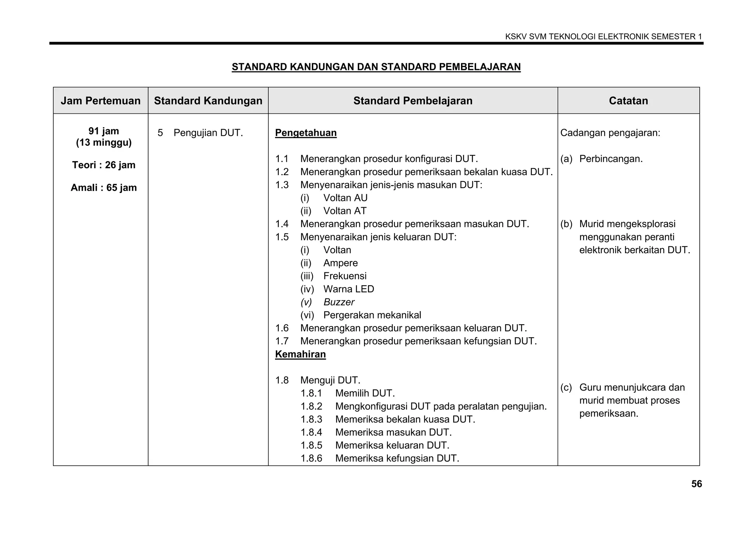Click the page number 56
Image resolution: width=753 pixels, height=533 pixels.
click(x=696, y=484)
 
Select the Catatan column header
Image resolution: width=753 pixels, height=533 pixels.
click(x=628, y=101)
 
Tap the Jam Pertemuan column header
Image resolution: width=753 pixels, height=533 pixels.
click(x=100, y=101)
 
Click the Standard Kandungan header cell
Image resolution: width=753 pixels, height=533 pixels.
click(x=208, y=101)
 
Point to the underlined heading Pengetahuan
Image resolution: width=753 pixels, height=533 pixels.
click(x=306, y=133)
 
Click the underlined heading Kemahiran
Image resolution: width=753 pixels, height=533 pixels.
click(x=300, y=354)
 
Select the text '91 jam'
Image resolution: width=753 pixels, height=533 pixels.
click(x=104, y=131)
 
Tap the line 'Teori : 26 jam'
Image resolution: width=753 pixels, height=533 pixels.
click(x=104, y=165)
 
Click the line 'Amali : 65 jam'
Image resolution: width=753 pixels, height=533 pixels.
click(x=104, y=188)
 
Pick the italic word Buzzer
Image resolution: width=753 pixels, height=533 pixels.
click(x=339, y=302)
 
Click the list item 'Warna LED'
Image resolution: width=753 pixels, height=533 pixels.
click(x=349, y=289)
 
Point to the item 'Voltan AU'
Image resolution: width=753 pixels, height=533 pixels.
click(x=345, y=198)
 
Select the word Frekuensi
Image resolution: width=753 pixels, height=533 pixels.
click(x=345, y=276)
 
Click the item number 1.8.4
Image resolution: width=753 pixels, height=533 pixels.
click(x=311, y=433)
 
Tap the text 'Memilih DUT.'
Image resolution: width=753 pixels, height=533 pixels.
click(x=365, y=393)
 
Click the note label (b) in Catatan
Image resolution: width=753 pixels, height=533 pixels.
click(x=566, y=224)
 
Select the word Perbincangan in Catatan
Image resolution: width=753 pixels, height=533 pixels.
click(x=611, y=159)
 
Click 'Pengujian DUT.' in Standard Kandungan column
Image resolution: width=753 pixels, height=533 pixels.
click(x=208, y=133)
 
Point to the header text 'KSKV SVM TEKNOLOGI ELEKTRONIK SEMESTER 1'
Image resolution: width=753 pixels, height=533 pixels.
click(x=603, y=37)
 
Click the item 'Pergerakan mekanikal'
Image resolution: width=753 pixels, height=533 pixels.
click(x=372, y=315)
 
